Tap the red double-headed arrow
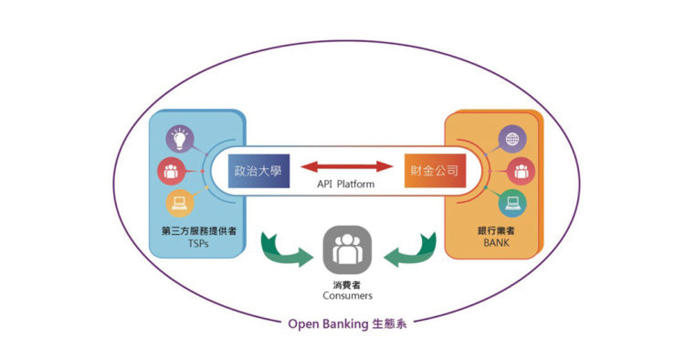pos(344,167)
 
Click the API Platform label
pos(344,185)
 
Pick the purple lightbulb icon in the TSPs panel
pos(178,139)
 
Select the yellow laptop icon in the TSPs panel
pos(178,203)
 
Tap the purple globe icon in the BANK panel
pos(511,140)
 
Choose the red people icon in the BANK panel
pos(520,170)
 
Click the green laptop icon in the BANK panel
pos(511,201)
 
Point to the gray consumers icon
pos(348,249)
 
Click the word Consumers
pos(348,296)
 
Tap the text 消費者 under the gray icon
pos(348,283)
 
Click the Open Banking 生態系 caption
pos(349,323)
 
